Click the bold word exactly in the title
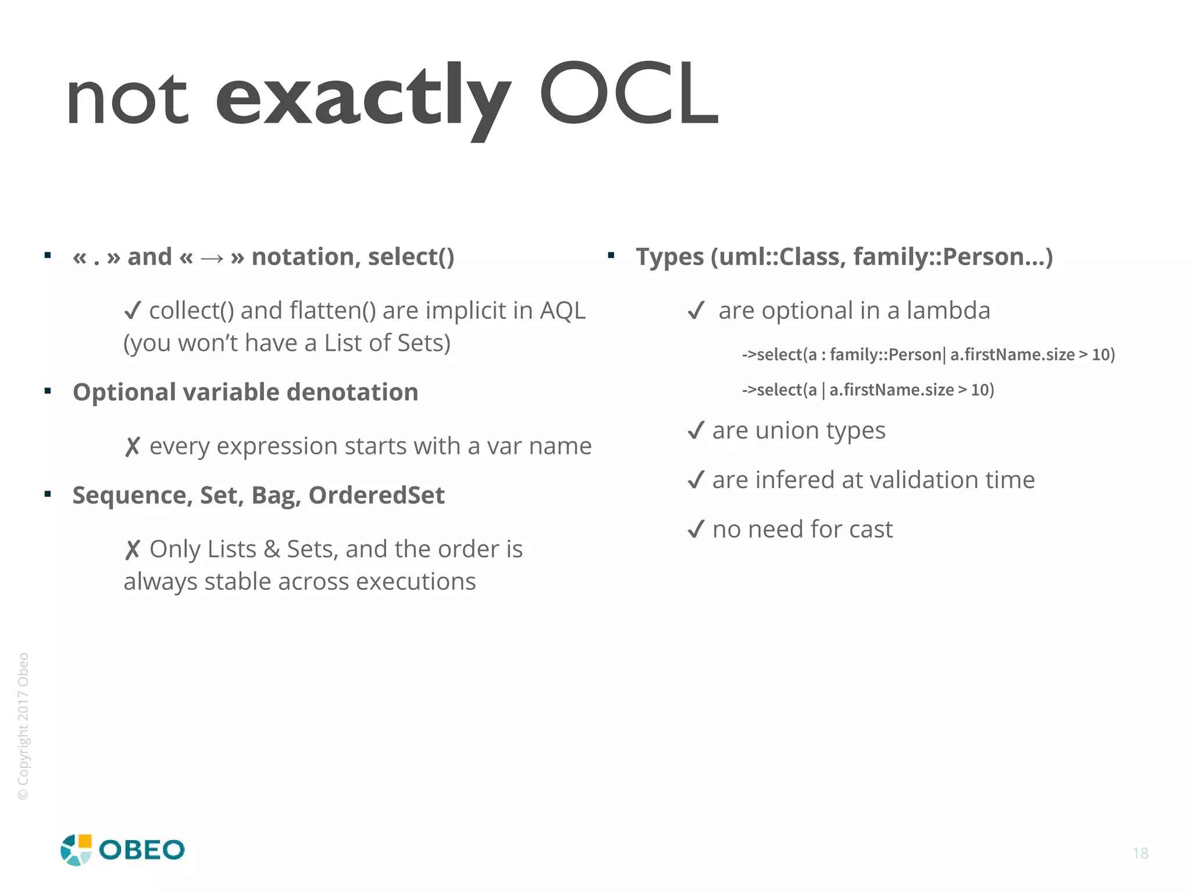click(x=363, y=96)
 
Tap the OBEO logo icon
click(x=76, y=850)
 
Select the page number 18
click(x=1140, y=853)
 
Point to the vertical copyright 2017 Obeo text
click(x=23, y=726)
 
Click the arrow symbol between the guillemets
click(x=212, y=258)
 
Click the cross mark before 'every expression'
click(x=133, y=447)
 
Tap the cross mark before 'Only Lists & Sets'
click(x=133, y=550)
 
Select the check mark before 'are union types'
click(x=696, y=431)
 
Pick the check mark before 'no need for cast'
click(x=696, y=530)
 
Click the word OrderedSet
click(x=376, y=496)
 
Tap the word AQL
click(x=562, y=311)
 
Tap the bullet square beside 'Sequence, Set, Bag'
click(x=48, y=494)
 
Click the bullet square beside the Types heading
click(x=611, y=255)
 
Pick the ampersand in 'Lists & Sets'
click(x=272, y=550)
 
